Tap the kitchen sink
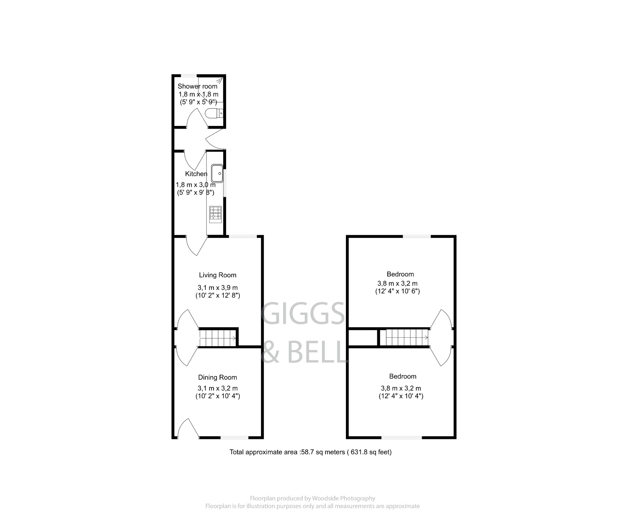click(217, 173)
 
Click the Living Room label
click(217, 275)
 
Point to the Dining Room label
click(217, 377)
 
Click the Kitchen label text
click(196, 174)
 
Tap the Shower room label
click(197, 86)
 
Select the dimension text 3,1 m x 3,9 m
click(217, 287)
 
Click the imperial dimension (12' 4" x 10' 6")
click(397, 291)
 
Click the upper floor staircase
click(404, 337)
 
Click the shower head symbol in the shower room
click(219, 81)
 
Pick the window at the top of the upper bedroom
click(416, 236)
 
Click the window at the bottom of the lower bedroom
click(402, 437)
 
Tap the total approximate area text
click(310, 452)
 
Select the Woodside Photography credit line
click(312, 498)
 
